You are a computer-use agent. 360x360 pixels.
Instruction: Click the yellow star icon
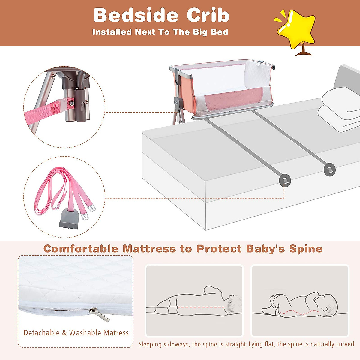pyautogui.click(x=296, y=28)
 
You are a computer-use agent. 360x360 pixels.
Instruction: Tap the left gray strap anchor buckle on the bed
pyautogui.click(x=285, y=181)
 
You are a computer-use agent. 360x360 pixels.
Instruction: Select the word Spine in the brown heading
pyautogui.click(x=306, y=249)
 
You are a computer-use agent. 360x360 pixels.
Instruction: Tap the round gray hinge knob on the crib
pyautogui.click(x=177, y=102)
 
